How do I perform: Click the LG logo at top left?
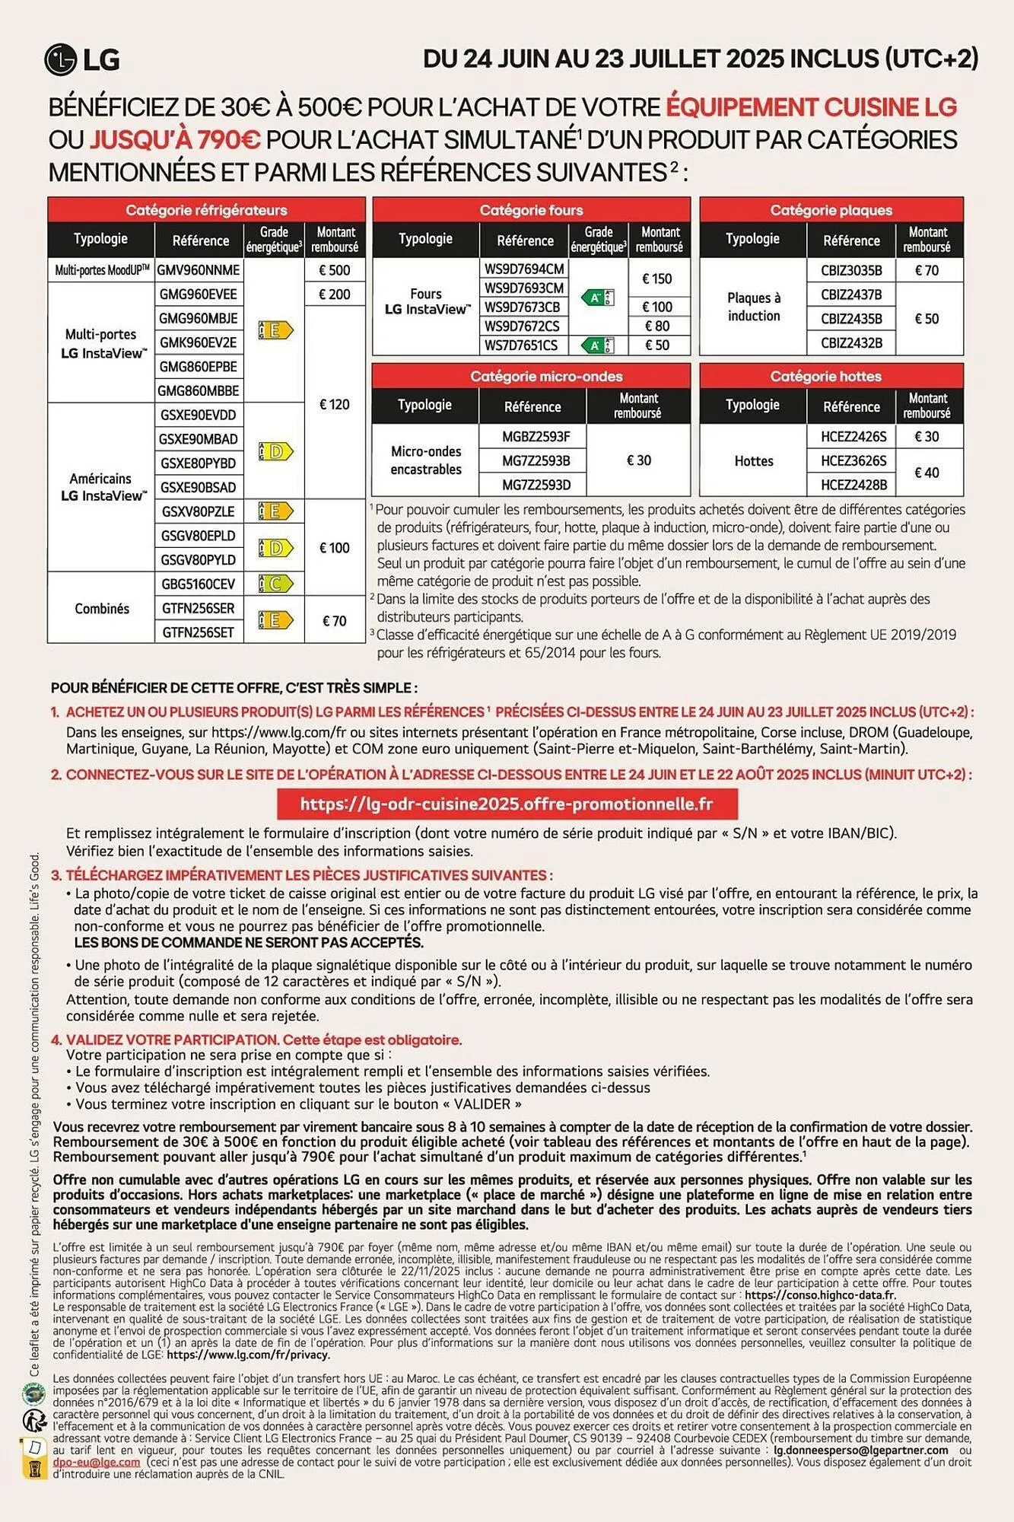pyautogui.click(x=82, y=60)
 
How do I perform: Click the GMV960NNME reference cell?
pyautogui.click(x=199, y=270)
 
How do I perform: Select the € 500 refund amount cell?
pyautogui.click(x=335, y=270)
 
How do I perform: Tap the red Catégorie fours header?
pyautogui.click(x=531, y=210)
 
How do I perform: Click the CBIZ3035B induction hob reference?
pyautogui.click(x=851, y=270)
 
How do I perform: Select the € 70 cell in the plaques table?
pyautogui.click(x=927, y=270)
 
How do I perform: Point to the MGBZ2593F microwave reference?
pyautogui.click(x=536, y=436)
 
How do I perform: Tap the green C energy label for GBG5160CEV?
pyautogui.click(x=275, y=584)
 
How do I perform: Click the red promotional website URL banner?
pyautogui.click(x=507, y=804)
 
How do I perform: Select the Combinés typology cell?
pyautogui.click(x=102, y=609)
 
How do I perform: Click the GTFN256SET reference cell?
pyautogui.click(x=199, y=632)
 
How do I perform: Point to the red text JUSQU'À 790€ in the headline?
pyautogui.click(x=176, y=140)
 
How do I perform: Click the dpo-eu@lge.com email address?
pyautogui.click(x=96, y=1462)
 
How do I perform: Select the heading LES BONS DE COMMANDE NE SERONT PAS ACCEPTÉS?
pyautogui.click(x=249, y=942)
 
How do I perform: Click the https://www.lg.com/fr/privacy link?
pyautogui.click(x=248, y=1355)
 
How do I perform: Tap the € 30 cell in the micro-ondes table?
pyautogui.click(x=639, y=460)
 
